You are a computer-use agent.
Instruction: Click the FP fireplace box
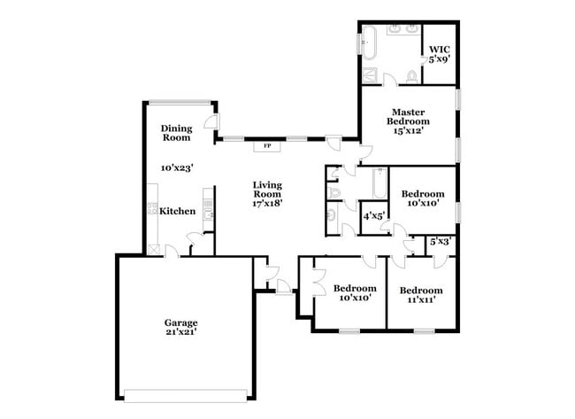(267, 145)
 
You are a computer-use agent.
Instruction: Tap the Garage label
(180, 322)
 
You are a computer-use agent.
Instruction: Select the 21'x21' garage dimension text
(180, 333)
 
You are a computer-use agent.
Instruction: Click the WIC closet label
(439, 50)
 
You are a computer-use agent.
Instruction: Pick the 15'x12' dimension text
(410, 131)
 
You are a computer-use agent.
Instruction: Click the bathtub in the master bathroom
(369, 43)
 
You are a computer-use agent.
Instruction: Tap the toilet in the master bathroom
(411, 77)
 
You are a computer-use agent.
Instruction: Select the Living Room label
(266, 189)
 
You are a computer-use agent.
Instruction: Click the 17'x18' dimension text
(266, 203)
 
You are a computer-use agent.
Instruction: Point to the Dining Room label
(176, 133)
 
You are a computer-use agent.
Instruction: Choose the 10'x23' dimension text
(177, 167)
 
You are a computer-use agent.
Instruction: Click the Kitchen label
(177, 211)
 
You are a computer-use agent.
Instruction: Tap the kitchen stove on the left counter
(151, 210)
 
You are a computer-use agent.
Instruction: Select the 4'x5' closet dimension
(373, 215)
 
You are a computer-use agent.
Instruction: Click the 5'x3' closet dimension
(440, 241)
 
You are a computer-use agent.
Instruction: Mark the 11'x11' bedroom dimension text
(419, 301)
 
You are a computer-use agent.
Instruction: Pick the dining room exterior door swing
(211, 125)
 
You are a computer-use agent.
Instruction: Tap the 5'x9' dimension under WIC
(439, 59)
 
